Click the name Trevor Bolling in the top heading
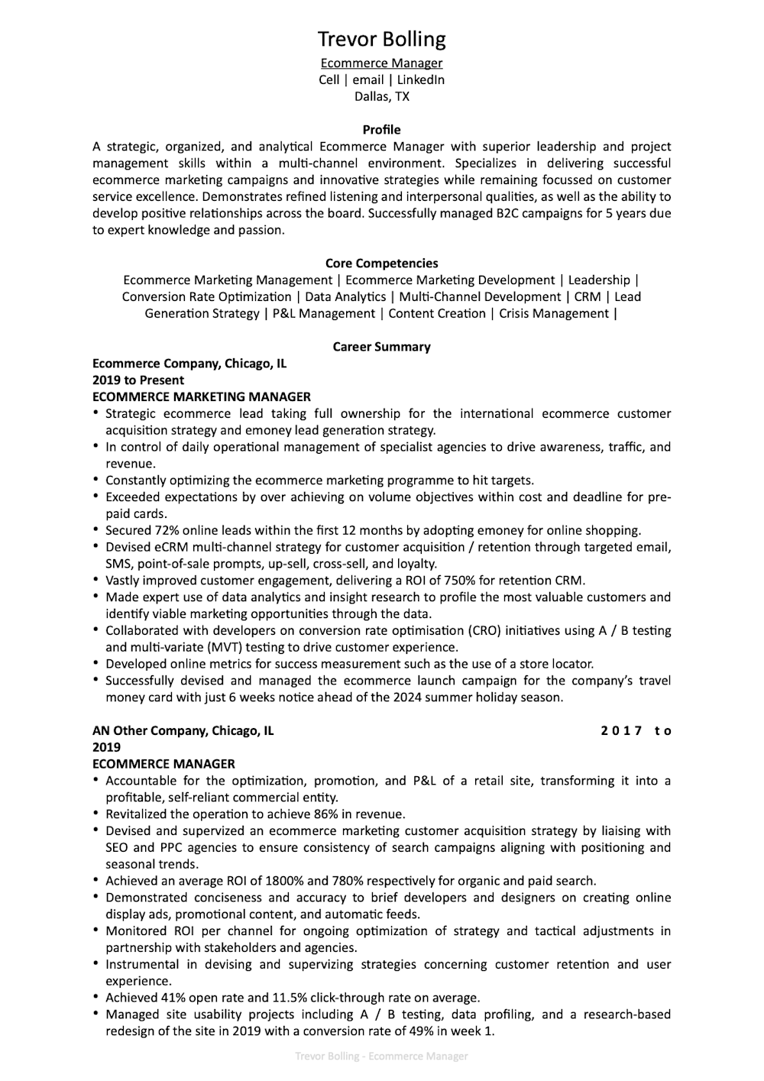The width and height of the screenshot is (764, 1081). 381,39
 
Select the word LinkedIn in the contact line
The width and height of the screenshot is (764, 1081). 420,79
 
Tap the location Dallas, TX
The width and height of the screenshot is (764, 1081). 381,96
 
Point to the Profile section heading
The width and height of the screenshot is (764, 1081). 381,130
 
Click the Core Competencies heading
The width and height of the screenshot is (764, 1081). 381,264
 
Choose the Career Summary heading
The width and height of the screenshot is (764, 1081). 381,347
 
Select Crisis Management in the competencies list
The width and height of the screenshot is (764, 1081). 554,313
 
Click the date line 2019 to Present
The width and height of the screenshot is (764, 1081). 138,380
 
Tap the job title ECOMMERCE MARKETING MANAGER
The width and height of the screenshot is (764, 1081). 202,396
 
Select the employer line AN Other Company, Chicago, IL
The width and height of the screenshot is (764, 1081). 183,730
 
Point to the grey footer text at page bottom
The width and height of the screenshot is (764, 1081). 381,1057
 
